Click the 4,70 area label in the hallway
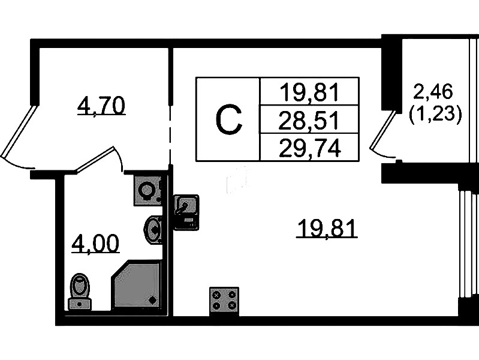[101, 106]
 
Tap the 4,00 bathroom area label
[95, 244]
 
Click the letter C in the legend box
[228, 120]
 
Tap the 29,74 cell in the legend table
[309, 148]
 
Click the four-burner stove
[224, 299]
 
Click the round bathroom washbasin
[153, 229]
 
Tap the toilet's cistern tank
[79, 304]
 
